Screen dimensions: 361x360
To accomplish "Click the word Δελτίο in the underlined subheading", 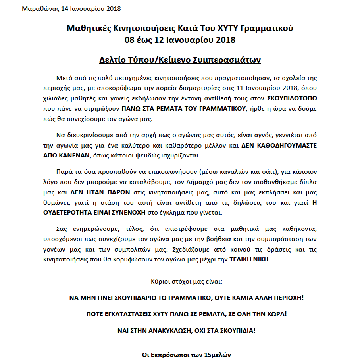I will [x=112, y=61].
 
